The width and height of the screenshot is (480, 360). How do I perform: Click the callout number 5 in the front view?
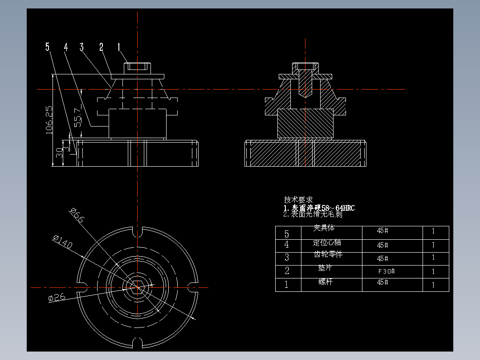pyautogui.click(x=48, y=46)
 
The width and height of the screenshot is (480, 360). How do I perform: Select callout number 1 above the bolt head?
pyautogui.click(x=119, y=46)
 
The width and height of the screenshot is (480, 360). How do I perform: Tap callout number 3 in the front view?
pyautogui.click(x=81, y=46)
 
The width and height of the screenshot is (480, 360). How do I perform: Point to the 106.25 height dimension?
pyautogui.click(x=49, y=119)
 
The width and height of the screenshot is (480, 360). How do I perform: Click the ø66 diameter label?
pyautogui.click(x=77, y=215)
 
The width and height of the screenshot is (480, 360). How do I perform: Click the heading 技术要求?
pyautogui.click(x=298, y=200)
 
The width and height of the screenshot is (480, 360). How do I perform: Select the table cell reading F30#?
pyautogui.click(x=386, y=271)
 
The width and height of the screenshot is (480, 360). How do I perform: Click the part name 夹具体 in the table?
pyautogui.click(x=324, y=228)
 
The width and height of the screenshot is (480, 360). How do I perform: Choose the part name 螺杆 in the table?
pyautogui.click(x=325, y=282)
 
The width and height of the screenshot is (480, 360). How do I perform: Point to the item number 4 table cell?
pyautogui.click(x=287, y=245)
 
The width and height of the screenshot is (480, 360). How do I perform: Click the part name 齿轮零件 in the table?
pyautogui.click(x=328, y=254)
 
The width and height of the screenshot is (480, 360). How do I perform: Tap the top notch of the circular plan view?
pyautogui.click(x=138, y=232)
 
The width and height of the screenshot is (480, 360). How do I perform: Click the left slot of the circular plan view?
pyautogui.click(x=82, y=288)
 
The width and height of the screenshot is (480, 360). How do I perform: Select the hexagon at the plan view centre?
pyautogui.click(x=138, y=288)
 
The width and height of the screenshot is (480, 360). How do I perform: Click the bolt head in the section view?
pyautogui.click(x=305, y=66)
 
